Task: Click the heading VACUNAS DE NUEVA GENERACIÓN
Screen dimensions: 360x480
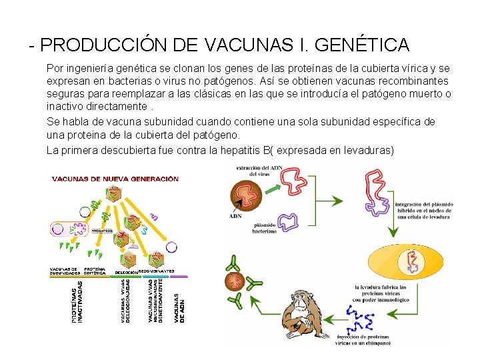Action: (115, 179)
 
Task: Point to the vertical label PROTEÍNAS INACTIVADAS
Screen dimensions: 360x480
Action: (77, 305)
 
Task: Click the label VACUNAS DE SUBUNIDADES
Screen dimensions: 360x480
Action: (65, 271)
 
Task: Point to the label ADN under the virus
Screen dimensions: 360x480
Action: (235, 216)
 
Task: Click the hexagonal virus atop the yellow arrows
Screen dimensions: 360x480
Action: (115, 193)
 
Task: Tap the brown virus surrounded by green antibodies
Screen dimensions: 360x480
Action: (235, 281)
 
